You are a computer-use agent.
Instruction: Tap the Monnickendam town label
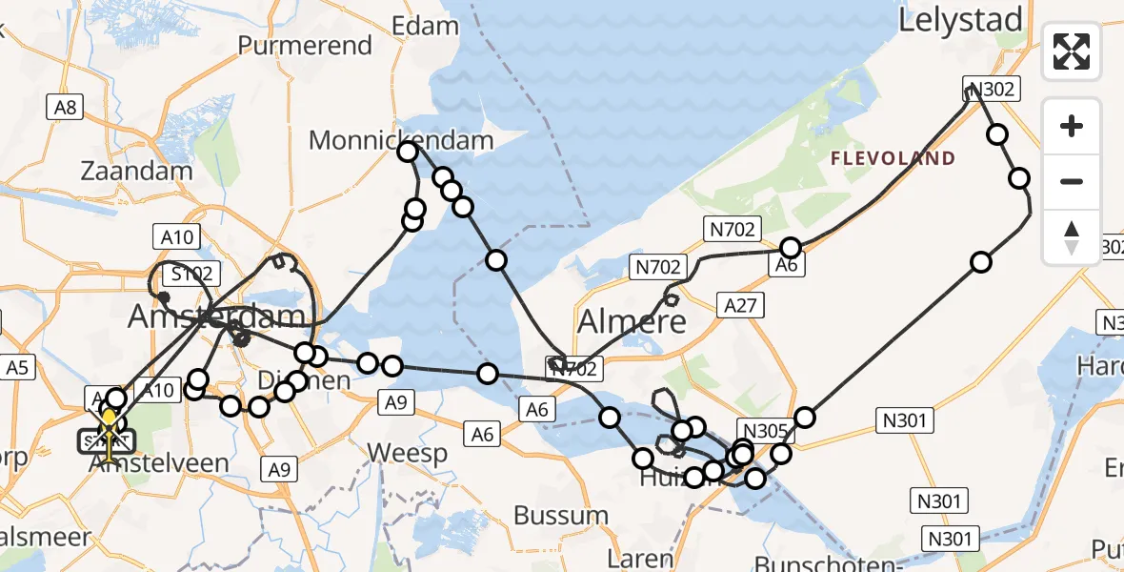[x=401, y=141]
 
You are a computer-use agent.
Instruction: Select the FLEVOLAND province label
[x=893, y=159]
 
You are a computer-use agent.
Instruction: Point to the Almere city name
[x=632, y=321]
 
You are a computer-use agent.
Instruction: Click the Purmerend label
[x=304, y=45]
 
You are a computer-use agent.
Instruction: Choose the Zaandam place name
[x=137, y=172]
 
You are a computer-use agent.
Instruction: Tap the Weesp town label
[x=407, y=453]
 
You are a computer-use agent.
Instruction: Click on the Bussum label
[x=560, y=516]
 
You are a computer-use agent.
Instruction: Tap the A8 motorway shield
[x=65, y=107]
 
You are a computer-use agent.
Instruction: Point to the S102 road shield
[x=191, y=275]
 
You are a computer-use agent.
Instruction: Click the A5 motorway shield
[x=18, y=367]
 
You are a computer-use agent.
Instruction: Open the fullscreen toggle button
[x=1072, y=51]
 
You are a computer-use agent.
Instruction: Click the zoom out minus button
[x=1072, y=181]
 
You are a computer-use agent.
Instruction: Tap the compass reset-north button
[x=1072, y=237]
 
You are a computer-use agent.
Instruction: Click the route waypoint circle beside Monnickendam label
[x=408, y=151]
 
